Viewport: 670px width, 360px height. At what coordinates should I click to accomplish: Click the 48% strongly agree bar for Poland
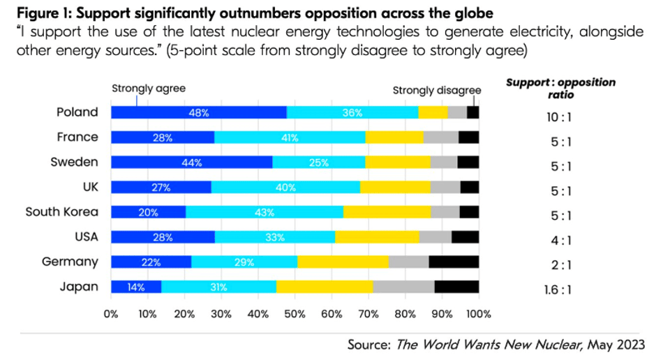point(199,112)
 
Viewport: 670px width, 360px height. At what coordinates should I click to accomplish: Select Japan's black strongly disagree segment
point(456,287)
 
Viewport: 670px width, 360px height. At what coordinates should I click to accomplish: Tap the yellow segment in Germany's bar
point(343,262)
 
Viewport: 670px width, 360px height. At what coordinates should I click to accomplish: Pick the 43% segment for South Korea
point(264,212)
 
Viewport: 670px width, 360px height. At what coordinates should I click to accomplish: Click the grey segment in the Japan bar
point(403,287)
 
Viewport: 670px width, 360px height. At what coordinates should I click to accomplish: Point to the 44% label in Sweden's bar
point(192,163)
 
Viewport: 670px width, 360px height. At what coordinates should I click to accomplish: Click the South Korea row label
point(62,212)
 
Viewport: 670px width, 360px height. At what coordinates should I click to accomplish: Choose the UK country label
point(88,187)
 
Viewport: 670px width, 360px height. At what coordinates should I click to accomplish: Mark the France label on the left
point(77,137)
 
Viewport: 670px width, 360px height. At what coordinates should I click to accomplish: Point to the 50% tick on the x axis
point(295,314)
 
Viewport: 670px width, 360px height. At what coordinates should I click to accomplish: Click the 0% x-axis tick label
point(111,314)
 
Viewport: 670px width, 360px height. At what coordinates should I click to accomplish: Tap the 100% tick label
point(479,314)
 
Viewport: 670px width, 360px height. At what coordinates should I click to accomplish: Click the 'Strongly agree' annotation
point(149,89)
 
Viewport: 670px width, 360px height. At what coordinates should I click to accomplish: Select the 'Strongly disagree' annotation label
point(437,90)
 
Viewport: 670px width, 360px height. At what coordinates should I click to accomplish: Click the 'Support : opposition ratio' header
point(560,89)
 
